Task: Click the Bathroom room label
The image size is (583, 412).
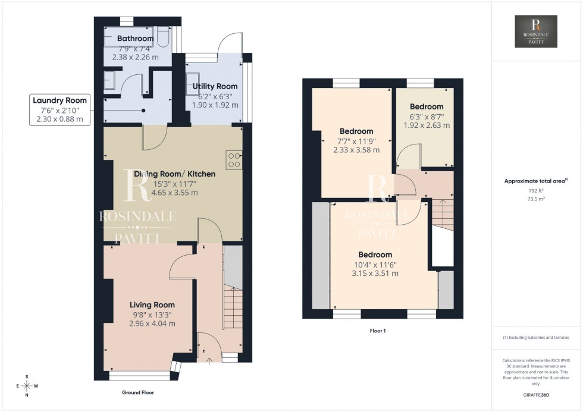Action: click(136, 39)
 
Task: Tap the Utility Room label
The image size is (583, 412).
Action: click(215, 87)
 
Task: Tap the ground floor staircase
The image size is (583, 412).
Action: click(233, 309)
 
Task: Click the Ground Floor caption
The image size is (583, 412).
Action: click(138, 393)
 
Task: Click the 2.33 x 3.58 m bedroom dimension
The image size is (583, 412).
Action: click(356, 150)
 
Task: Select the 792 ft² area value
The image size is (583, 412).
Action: click(537, 190)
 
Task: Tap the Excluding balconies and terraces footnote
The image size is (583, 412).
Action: click(537, 337)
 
